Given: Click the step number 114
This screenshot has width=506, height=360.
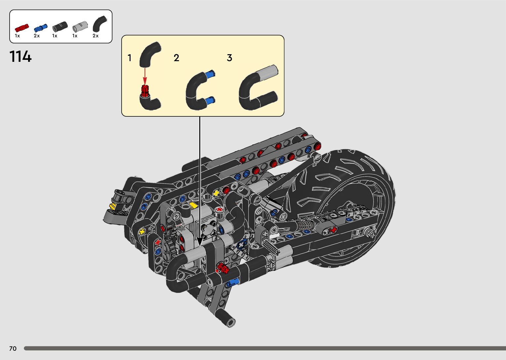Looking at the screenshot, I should pos(20,57).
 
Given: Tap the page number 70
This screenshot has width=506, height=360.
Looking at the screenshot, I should pos(13,348).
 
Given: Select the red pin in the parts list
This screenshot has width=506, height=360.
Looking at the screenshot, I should pos(21,28).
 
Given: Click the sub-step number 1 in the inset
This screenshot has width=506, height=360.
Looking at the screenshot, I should pos(130,58).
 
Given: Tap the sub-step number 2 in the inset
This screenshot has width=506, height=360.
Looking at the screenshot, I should pos(176,58).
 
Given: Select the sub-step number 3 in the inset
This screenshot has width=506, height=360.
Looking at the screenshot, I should pos(229,58).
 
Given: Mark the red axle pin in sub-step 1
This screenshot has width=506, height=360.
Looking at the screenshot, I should pos(145,90).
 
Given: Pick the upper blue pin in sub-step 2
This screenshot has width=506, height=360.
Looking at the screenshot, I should pos(210,74).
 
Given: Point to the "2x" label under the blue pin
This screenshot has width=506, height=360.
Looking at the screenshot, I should pos(37,36).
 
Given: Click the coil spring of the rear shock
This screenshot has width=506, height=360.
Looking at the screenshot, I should pos(306,226).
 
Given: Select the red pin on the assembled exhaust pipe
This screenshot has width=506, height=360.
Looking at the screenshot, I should pos(223,268).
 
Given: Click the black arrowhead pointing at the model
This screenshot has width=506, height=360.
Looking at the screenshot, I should pos(199,241).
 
